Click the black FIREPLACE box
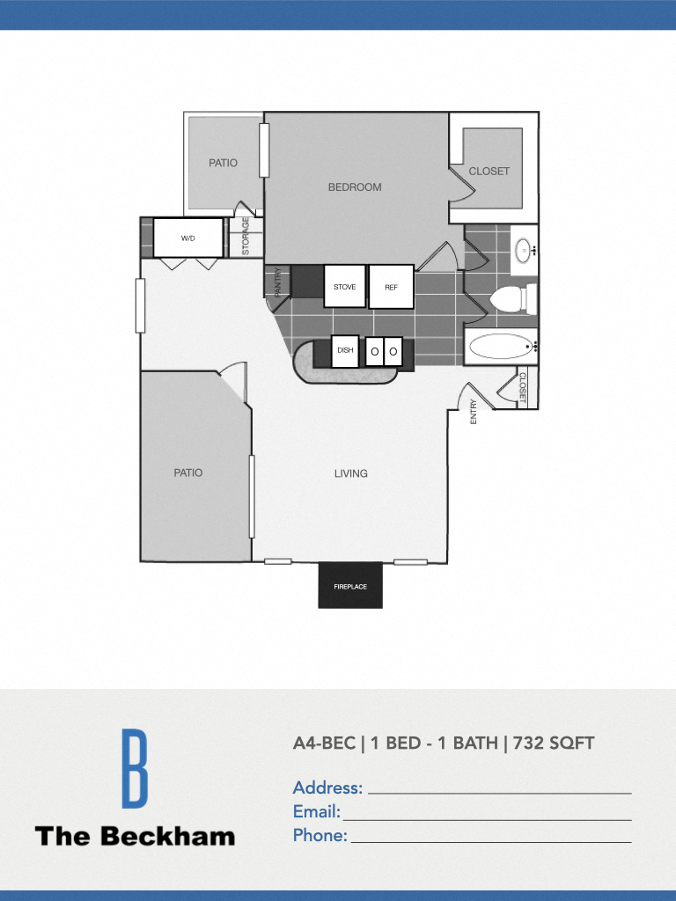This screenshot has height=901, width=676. tap(350, 585)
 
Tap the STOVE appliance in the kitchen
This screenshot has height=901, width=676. tap(345, 287)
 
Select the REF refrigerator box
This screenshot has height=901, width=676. tap(391, 287)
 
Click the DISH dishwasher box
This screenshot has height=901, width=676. tap(345, 350)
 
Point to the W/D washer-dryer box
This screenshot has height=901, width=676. tap(188, 238)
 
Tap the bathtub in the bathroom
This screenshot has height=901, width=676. tap(502, 347)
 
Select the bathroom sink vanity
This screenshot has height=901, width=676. tap(525, 251)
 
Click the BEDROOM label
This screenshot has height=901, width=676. tap(355, 187)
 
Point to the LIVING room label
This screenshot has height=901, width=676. tap(350, 473)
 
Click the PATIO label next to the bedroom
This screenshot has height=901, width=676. tap(223, 163)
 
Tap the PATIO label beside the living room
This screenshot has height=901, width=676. tap(187, 473)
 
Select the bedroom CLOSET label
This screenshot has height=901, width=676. tap(489, 172)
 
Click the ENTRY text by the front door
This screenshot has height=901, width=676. tap(474, 412)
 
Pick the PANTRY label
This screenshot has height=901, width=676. tap(277, 282)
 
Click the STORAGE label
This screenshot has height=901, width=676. tap(246, 237)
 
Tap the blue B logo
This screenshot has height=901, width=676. tap(134, 768)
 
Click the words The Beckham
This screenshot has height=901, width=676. tap(135, 836)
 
